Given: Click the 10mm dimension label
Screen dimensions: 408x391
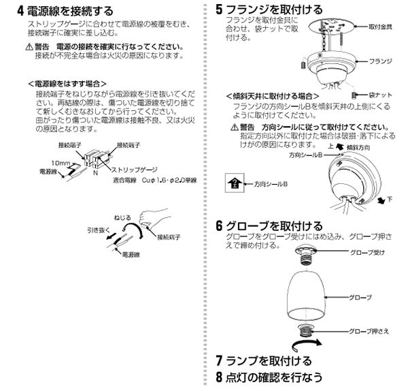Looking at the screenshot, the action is (x=60, y=163).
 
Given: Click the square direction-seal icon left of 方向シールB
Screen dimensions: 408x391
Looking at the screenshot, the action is (x=235, y=183).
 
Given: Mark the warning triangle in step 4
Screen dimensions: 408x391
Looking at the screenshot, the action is (x=27, y=48).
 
